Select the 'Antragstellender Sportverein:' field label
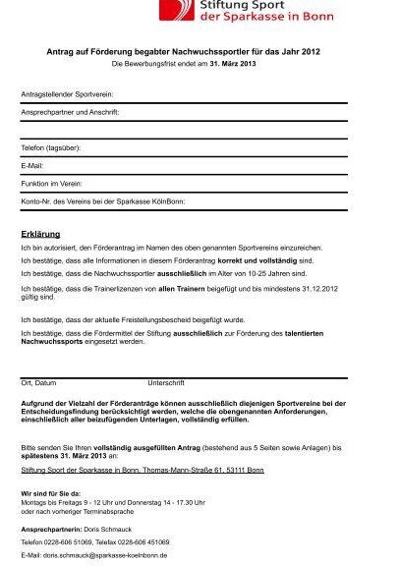[67, 94]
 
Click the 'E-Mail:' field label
[33, 165]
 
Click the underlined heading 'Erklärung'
[40, 234]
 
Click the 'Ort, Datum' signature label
[39, 381]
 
